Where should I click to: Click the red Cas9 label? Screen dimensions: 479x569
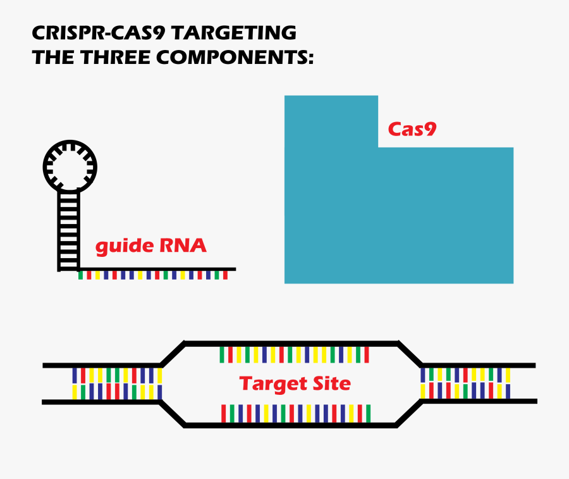click(412, 130)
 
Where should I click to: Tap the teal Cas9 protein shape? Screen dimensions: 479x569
click(398, 215)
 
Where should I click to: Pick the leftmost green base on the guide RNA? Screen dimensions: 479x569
click(80, 275)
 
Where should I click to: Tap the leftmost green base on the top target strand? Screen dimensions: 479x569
click(222, 354)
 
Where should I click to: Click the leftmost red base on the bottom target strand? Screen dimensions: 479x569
click(223, 413)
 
